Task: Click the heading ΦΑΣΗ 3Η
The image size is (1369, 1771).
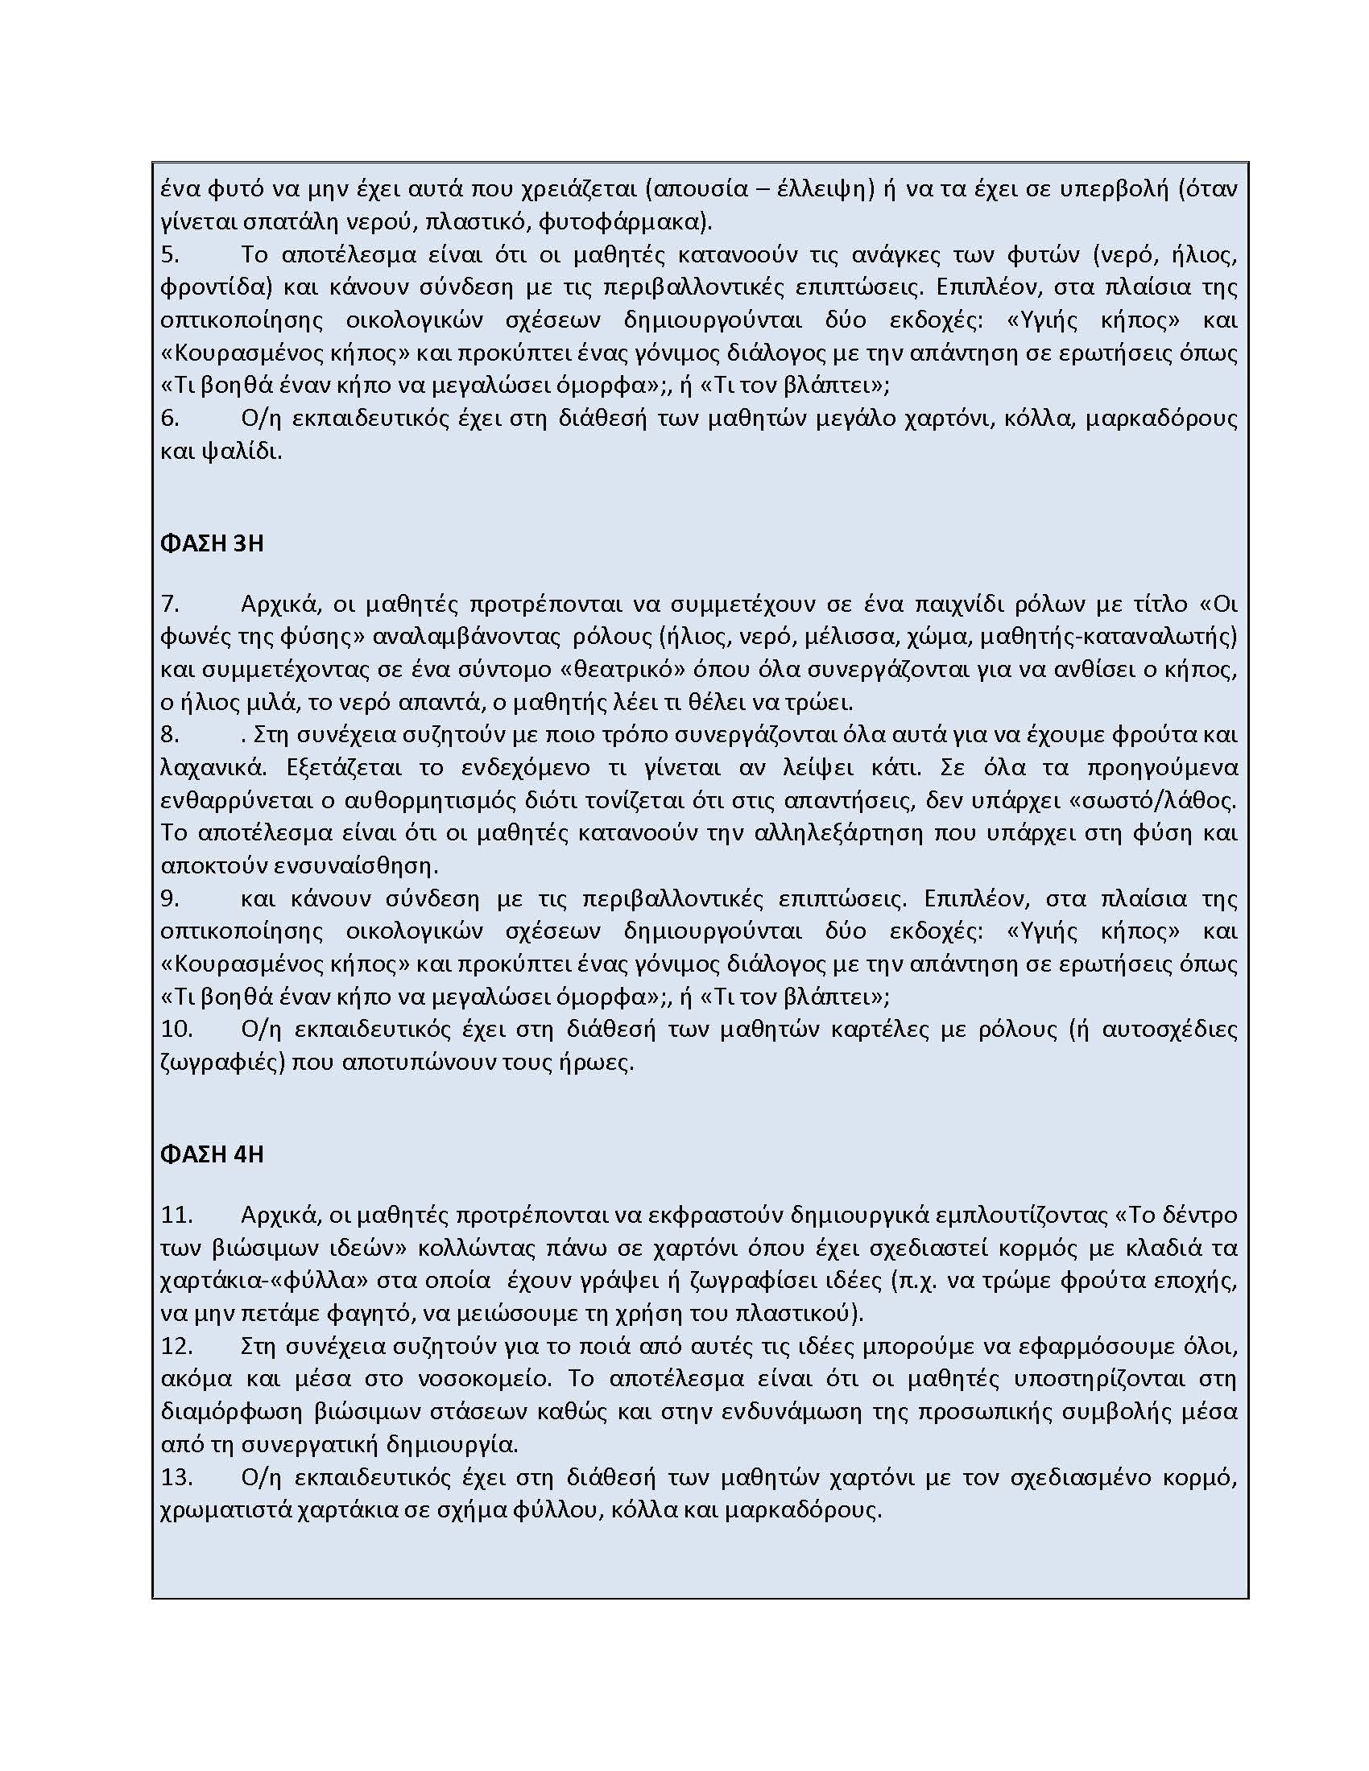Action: click(213, 544)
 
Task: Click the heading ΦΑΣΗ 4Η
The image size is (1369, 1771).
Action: click(213, 1154)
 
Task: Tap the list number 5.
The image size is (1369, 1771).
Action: click(169, 254)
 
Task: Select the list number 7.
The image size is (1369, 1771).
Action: click(169, 604)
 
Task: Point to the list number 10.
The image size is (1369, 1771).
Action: click(176, 1029)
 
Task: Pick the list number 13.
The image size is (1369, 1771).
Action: click(176, 1477)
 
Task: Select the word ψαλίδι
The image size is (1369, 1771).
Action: click(241, 452)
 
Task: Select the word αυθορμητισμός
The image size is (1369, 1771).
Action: click(421, 801)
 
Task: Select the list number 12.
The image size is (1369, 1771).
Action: click(176, 1346)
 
